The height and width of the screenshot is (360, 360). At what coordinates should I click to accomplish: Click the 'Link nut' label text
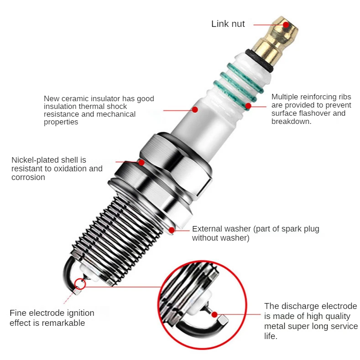click(x=228, y=24)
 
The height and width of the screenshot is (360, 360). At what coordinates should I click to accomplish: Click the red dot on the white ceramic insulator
click(x=195, y=109)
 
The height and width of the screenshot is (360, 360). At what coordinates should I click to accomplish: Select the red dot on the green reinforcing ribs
click(x=248, y=106)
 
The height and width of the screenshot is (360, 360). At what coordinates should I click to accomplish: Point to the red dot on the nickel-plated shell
click(x=141, y=162)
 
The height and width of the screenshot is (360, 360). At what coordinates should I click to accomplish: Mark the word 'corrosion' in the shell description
click(x=28, y=177)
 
